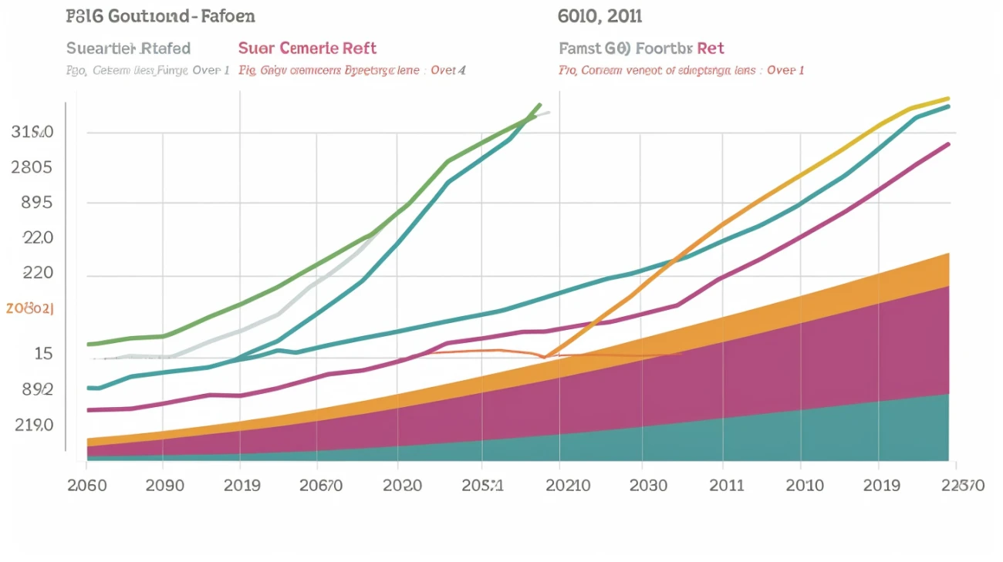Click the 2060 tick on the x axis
(86, 486)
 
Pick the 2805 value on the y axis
(32, 167)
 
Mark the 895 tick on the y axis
(32, 203)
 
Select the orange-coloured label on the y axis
(30, 308)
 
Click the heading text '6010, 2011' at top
(599, 15)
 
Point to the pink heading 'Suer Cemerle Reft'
(307, 49)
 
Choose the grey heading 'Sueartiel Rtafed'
(128, 49)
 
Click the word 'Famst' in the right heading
(580, 49)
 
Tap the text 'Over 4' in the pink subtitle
(448, 70)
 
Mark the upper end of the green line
(539, 104)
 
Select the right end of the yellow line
(948, 99)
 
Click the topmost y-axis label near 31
(32, 132)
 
